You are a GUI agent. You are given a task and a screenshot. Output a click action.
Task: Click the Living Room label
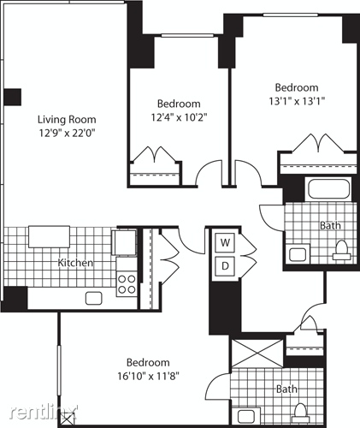click(x=65, y=120)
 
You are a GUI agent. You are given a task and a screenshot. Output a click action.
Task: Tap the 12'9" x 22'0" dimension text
click(x=65, y=134)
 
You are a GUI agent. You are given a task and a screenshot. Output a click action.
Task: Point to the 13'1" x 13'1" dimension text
click(x=297, y=100)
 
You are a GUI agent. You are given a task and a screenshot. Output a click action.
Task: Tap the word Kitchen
click(x=75, y=263)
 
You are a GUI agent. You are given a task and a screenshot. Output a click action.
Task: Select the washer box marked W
click(x=226, y=242)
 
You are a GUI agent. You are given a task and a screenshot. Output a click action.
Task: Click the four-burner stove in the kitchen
click(x=126, y=283)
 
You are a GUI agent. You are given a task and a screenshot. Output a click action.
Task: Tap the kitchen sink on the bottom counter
click(x=94, y=298)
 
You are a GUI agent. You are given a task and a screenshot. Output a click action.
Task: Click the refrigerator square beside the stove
click(x=124, y=244)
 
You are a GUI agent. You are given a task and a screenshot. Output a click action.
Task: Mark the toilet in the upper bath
click(x=340, y=249)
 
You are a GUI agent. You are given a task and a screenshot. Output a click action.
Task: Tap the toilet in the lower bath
click(x=301, y=416)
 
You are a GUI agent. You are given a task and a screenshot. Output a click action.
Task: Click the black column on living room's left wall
click(x=12, y=97)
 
